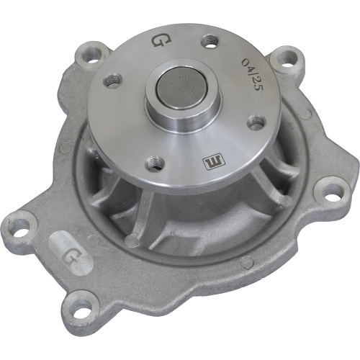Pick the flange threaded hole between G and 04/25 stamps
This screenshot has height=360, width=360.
[x=210, y=40]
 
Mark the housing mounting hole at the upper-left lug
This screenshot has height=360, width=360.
[x=91, y=53]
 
